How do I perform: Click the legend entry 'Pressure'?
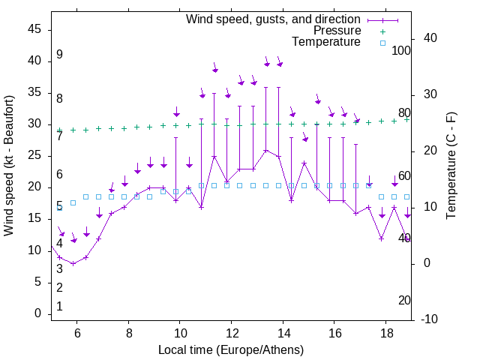pyautogui.click(x=337, y=31)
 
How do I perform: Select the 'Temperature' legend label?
pyautogui.click(x=326, y=42)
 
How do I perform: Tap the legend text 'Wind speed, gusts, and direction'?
pyautogui.click(x=273, y=19)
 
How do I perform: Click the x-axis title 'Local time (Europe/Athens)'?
pyautogui.click(x=231, y=349)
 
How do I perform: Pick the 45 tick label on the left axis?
pyautogui.click(x=34, y=29)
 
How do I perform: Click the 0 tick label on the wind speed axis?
pyautogui.click(x=37, y=314)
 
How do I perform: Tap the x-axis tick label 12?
pyautogui.click(x=231, y=331)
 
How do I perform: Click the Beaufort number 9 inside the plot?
pyautogui.click(x=59, y=55)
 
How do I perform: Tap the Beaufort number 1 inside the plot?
pyautogui.click(x=59, y=306)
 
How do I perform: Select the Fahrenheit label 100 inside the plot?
pyautogui.click(x=401, y=50)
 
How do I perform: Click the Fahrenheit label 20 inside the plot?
pyautogui.click(x=404, y=300)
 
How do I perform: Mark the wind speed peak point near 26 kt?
pyautogui.click(x=265, y=150)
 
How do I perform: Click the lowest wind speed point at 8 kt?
pyautogui.click(x=73, y=263)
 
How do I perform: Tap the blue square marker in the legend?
pyautogui.click(x=382, y=43)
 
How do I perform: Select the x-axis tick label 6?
pyautogui.click(x=76, y=331)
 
